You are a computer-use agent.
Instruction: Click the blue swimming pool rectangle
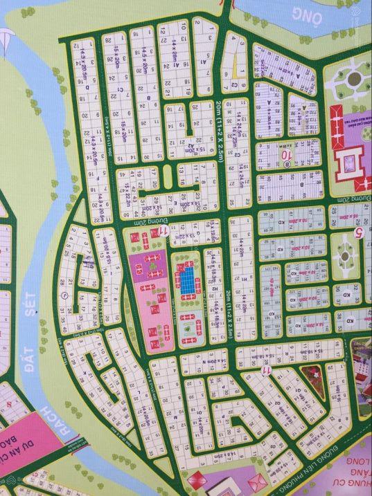pyautogui.click(x=187, y=279)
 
